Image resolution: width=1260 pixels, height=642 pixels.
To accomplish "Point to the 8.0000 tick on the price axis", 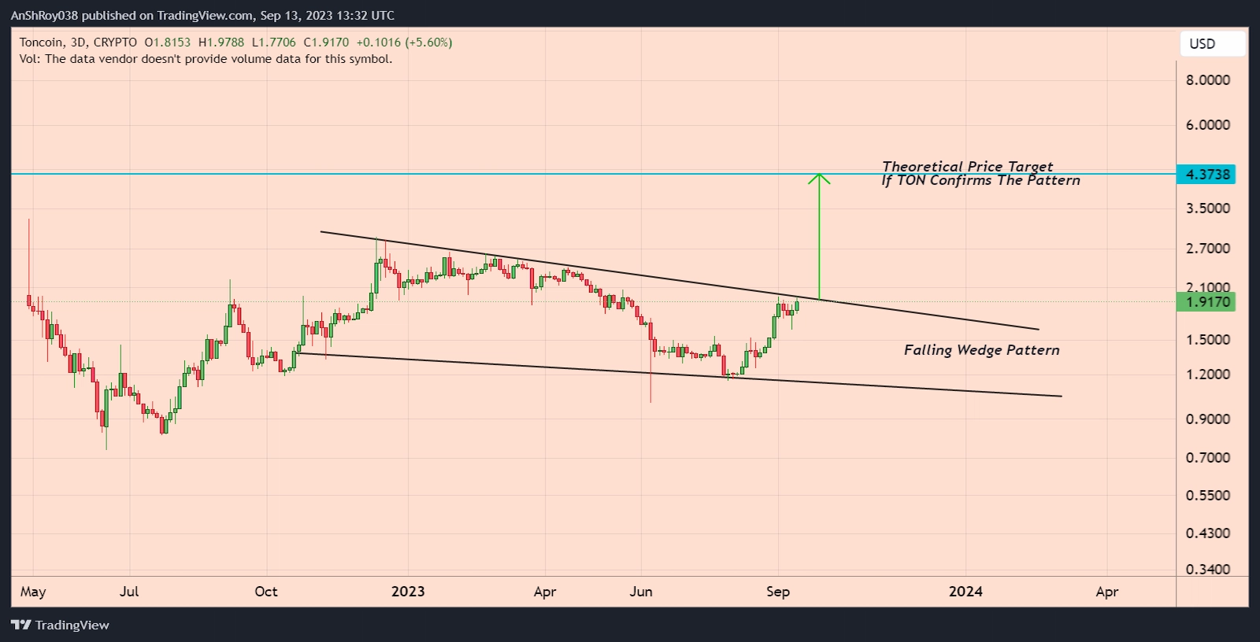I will [1207, 79].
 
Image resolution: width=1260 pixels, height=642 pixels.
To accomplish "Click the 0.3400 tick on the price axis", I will [1207, 569].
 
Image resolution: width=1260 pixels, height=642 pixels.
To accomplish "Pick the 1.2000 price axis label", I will [1207, 374].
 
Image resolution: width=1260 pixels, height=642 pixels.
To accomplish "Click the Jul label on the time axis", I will [129, 592].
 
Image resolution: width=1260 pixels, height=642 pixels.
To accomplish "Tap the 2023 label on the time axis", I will [408, 592].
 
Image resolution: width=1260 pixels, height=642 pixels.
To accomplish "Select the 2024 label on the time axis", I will [965, 592].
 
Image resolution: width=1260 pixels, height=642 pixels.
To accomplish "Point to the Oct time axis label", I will [266, 592].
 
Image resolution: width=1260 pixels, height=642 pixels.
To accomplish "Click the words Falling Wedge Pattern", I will [981, 350].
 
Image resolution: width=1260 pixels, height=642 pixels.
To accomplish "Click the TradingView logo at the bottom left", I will [61, 625].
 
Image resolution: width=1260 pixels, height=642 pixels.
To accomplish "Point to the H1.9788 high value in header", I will [221, 42].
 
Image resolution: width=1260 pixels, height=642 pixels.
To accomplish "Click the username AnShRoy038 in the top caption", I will [44, 16].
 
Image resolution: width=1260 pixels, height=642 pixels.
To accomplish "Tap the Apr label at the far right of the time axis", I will [1106, 592].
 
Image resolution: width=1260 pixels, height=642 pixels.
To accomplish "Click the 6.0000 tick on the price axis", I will [1207, 124].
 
